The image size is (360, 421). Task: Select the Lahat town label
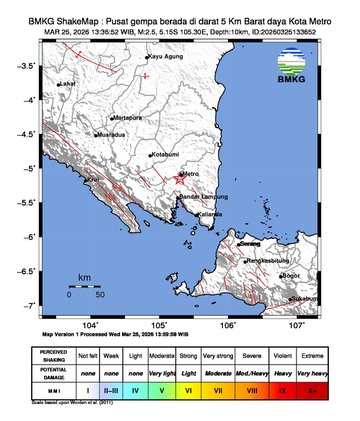(x=67, y=84)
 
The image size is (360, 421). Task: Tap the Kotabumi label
(x=164, y=155)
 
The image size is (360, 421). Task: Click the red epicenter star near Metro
(x=179, y=180)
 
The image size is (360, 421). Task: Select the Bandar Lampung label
(x=200, y=197)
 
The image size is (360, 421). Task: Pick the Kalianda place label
(x=211, y=213)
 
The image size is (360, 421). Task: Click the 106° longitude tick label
(x=228, y=325)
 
